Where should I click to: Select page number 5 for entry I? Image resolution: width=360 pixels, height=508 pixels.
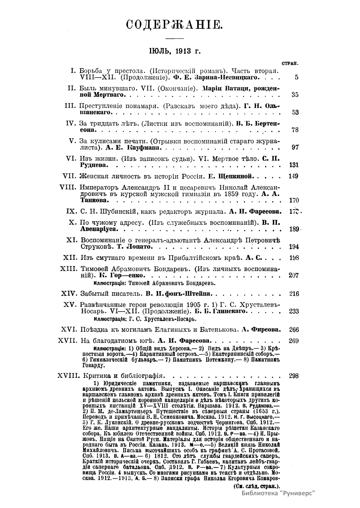coord(296,77)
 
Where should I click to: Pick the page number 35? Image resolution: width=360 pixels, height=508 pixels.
coord(295,95)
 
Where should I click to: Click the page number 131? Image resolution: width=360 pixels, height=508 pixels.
coord(293,165)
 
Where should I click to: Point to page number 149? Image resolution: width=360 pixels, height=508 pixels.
coord(293,176)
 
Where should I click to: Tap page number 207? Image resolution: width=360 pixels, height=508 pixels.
coord(293,275)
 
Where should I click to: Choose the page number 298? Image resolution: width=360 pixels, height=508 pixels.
coord(293,375)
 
